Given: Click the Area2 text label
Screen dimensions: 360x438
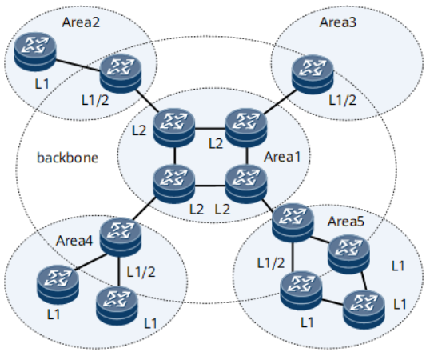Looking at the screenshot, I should click(x=81, y=21).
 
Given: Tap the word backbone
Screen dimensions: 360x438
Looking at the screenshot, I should click(x=67, y=158).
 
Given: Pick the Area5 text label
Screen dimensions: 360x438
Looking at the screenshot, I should click(x=346, y=219).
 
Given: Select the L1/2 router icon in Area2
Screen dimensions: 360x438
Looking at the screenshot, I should click(x=121, y=74).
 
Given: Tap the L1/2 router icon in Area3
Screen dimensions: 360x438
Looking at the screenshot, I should click(x=313, y=74).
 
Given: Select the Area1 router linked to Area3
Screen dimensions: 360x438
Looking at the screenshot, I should click(x=244, y=125).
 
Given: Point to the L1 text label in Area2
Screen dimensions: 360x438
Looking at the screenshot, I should click(x=29, y=84).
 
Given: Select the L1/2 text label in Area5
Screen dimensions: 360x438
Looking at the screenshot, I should click(x=269, y=262).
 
